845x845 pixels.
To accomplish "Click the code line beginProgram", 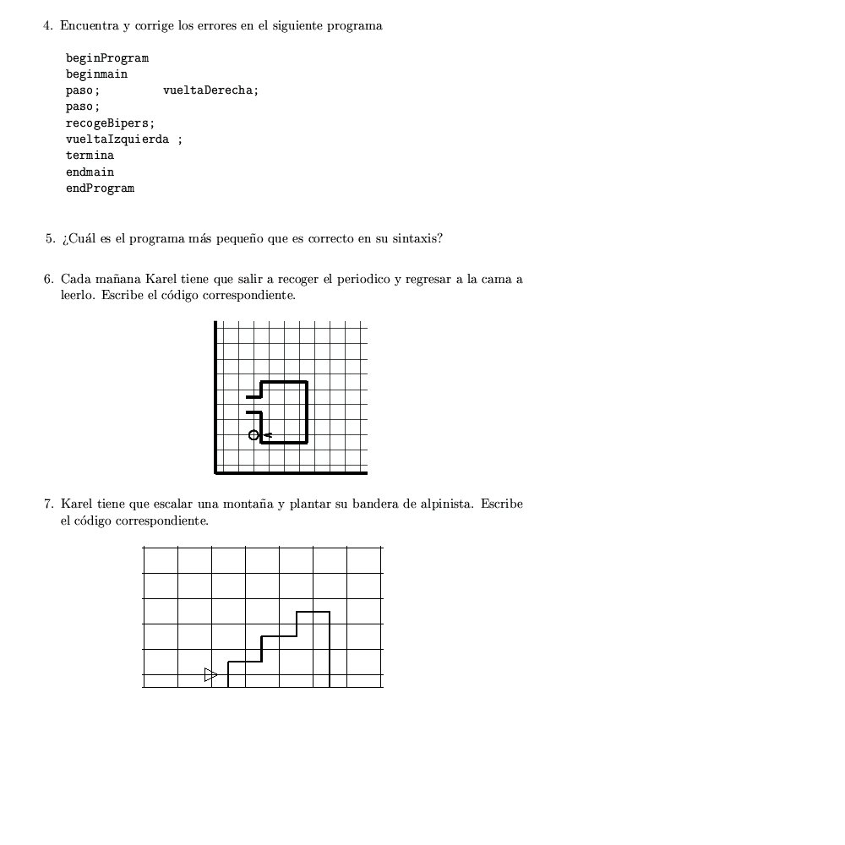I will tap(107, 58).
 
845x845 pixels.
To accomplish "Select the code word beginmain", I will tap(96, 74).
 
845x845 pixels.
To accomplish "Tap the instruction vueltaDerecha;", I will tap(210, 90).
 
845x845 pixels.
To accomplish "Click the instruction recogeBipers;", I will tap(110, 123).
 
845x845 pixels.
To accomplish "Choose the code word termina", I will tap(90, 155).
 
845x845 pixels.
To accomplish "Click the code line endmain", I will tap(90, 172).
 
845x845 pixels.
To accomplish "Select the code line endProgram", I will tap(100, 188).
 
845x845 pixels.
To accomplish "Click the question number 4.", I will tap(48, 25).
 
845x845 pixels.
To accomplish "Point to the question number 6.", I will tap(49, 279).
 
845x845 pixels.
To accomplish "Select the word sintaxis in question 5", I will tap(415, 238).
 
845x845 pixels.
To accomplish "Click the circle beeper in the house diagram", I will tap(253, 435).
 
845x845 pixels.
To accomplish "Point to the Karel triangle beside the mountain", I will tap(210, 674).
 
